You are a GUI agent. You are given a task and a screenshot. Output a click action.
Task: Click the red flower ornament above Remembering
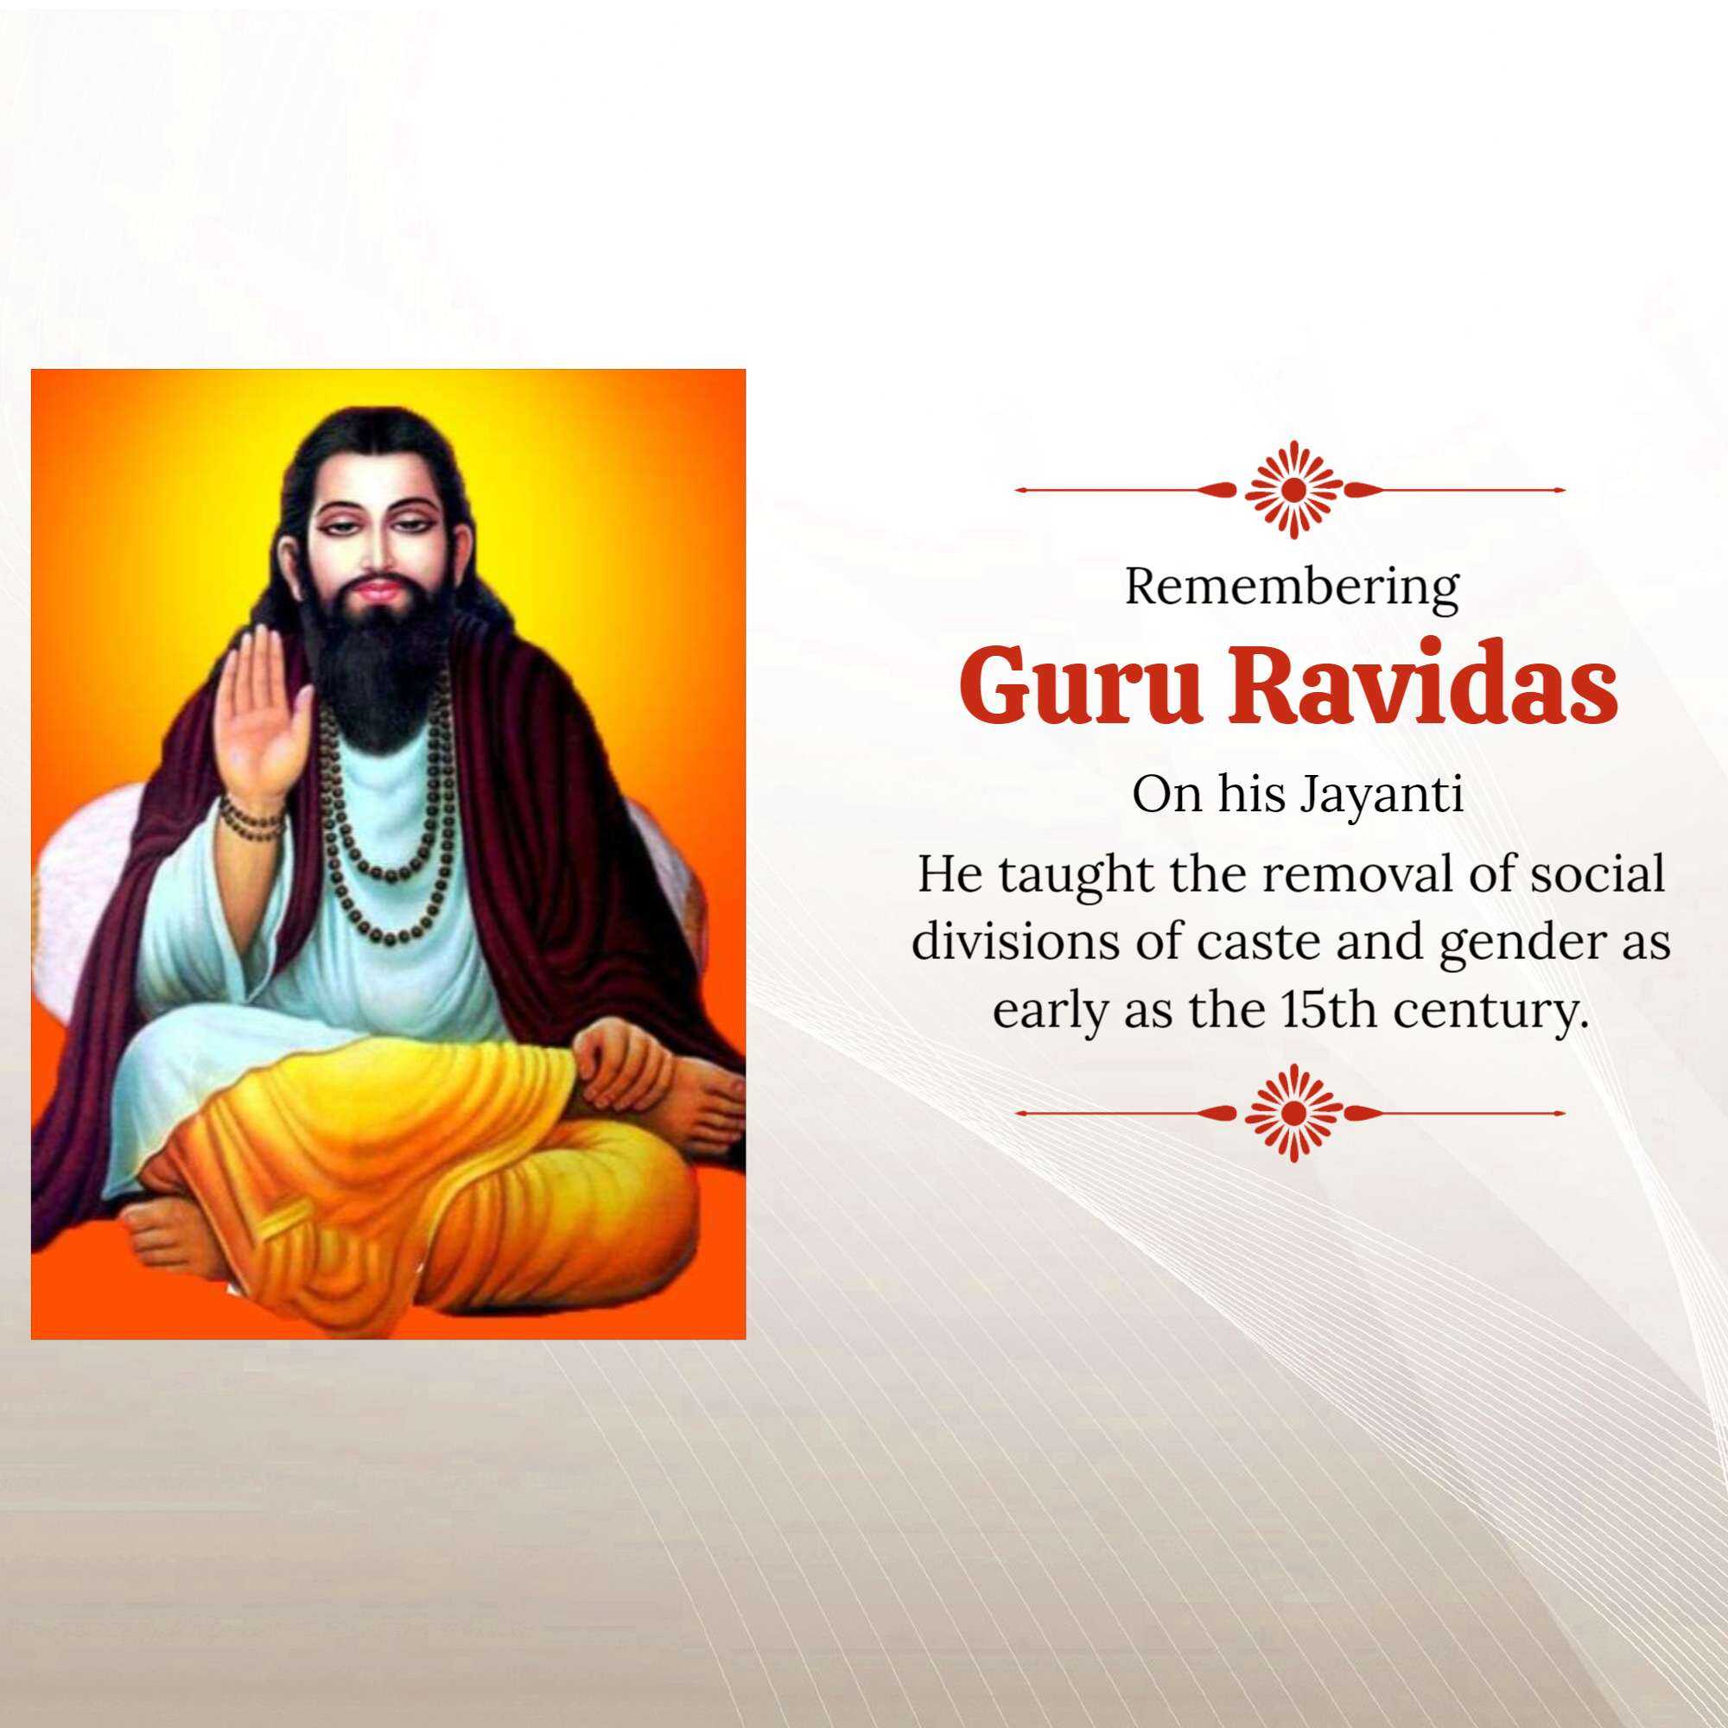coord(1293,489)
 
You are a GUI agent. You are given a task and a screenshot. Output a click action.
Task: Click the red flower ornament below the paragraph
coord(1293,1113)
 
